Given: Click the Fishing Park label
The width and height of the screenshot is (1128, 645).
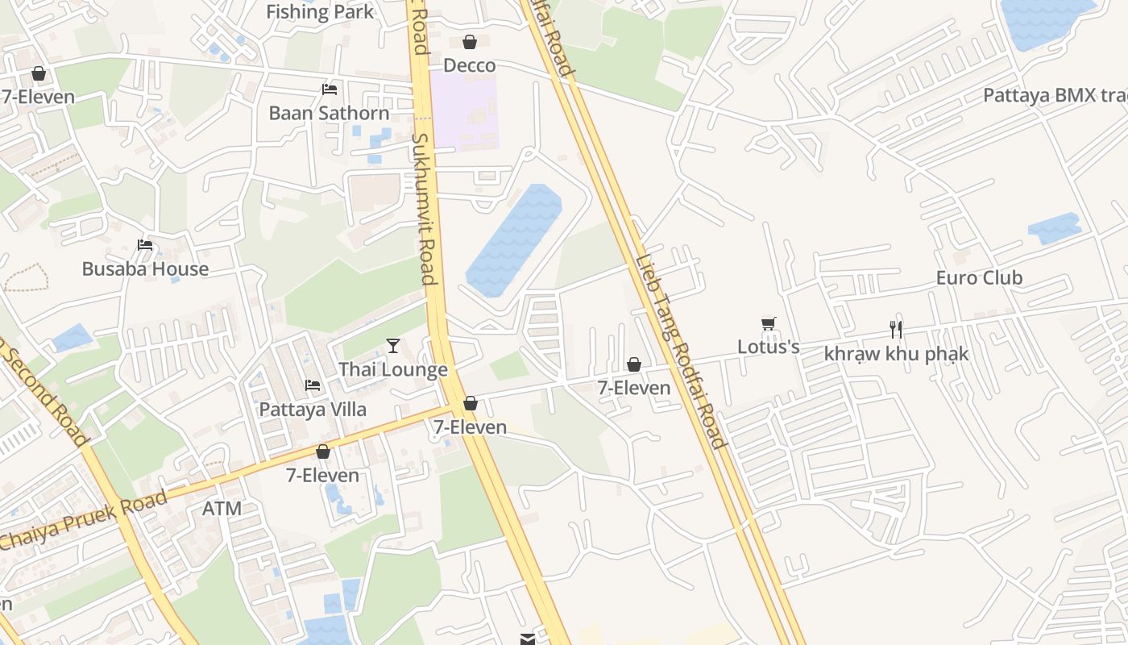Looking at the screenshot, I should pos(320,12).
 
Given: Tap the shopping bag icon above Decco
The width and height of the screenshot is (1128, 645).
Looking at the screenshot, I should pos(470,42).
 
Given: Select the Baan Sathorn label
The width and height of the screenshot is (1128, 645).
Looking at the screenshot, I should pos(329,113).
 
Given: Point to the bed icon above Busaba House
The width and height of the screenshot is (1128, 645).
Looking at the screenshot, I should pos(145,245).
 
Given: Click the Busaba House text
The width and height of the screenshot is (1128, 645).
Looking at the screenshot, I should pos(145,269).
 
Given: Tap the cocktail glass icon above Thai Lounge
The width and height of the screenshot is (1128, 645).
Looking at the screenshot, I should pos(393,346).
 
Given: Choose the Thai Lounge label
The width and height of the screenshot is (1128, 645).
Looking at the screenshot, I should pos(392,370).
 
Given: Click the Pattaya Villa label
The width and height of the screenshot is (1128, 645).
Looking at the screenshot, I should pos(313,410).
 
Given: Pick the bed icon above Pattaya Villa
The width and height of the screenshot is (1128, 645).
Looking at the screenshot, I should pos(313,385).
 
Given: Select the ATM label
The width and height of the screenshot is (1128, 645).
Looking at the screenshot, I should pos(222,509).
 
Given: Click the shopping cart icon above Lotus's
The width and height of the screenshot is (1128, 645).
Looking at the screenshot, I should pos(768,323).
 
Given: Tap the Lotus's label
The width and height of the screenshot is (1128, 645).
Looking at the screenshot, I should pos(769,347).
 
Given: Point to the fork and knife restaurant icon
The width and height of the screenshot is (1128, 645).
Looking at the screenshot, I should pos(895,329).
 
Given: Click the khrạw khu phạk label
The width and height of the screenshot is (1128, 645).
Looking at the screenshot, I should pos(896,354).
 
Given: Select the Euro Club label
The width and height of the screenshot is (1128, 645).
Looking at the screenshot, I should pos(979,278).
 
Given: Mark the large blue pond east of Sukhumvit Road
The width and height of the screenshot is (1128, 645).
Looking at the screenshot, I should pos(513,239).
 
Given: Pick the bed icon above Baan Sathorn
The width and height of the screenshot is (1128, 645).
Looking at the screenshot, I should pos(329,89).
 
